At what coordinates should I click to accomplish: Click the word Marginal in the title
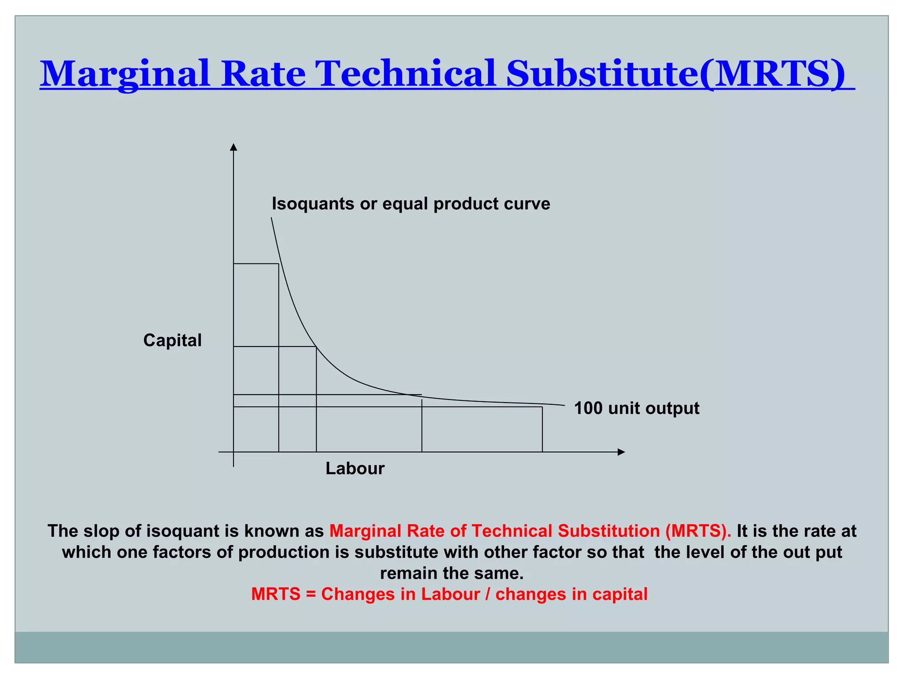click(x=125, y=74)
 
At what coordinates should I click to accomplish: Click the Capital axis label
click(x=172, y=340)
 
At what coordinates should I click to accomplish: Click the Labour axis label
click(x=355, y=468)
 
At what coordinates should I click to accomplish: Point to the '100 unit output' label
click(x=636, y=408)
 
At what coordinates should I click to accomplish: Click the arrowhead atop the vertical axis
click(x=234, y=147)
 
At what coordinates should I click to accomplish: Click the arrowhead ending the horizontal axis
click(x=621, y=452)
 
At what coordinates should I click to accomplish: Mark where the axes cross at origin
click(x=234, y=452)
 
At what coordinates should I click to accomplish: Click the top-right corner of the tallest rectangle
click(x=279, y=264)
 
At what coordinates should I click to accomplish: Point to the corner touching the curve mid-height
click(x=316, y=347)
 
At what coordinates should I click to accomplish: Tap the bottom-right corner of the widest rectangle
click(x=542, y=452)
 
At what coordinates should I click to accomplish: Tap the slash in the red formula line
click(x=487, y=595)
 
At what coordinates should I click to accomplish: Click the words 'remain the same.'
click(x=452, y=573)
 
